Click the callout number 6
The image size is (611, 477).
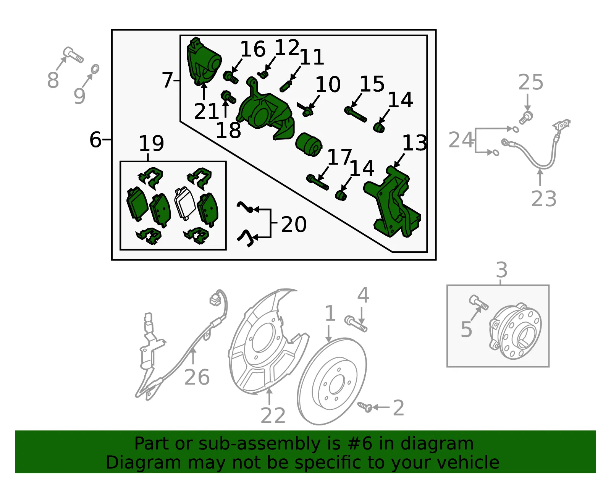tap(95, 139)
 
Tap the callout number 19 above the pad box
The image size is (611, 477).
tap(151, 143)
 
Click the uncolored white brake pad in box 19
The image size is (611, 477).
tap(185, 204)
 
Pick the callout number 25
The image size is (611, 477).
tap(530, 82)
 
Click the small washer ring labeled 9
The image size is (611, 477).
tap(95, 69)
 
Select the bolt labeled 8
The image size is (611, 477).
tap(73, 55)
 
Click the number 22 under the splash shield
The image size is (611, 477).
tap(273, 415)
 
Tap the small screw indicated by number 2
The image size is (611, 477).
tap(365, 407)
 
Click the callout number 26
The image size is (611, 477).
tap(197, 377)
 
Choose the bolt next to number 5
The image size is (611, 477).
tap(478, 303)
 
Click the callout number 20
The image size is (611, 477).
tap(294, 224)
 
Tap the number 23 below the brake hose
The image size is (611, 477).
tap(543, 199)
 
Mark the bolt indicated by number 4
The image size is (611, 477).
tap(356, 324)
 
